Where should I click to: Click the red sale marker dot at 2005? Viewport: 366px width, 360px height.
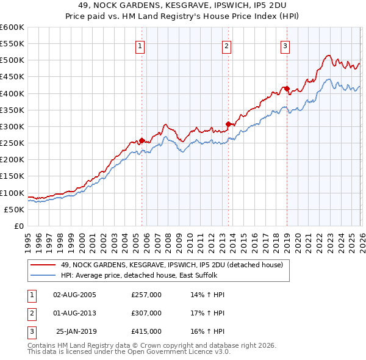142,141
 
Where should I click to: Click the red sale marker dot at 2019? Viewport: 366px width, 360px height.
287,88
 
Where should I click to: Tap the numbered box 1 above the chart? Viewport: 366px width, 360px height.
140,45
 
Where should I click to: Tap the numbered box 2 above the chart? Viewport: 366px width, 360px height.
226,45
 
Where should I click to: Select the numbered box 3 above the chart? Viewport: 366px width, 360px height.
285,45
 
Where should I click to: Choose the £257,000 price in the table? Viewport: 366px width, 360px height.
146,295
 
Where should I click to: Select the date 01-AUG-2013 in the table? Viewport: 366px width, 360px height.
75,313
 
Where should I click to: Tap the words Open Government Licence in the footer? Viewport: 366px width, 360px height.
184,352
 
